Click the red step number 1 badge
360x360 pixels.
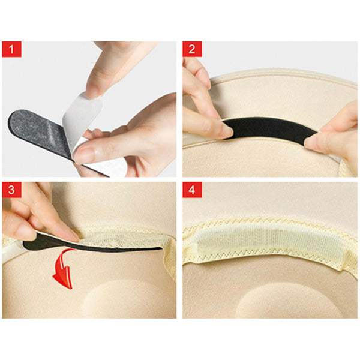coord(12,49)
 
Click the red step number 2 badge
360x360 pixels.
coord(192,49)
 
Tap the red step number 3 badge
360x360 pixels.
coord(12,190)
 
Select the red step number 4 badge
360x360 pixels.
coord(192,190)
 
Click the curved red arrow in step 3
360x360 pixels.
coord(63,269)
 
